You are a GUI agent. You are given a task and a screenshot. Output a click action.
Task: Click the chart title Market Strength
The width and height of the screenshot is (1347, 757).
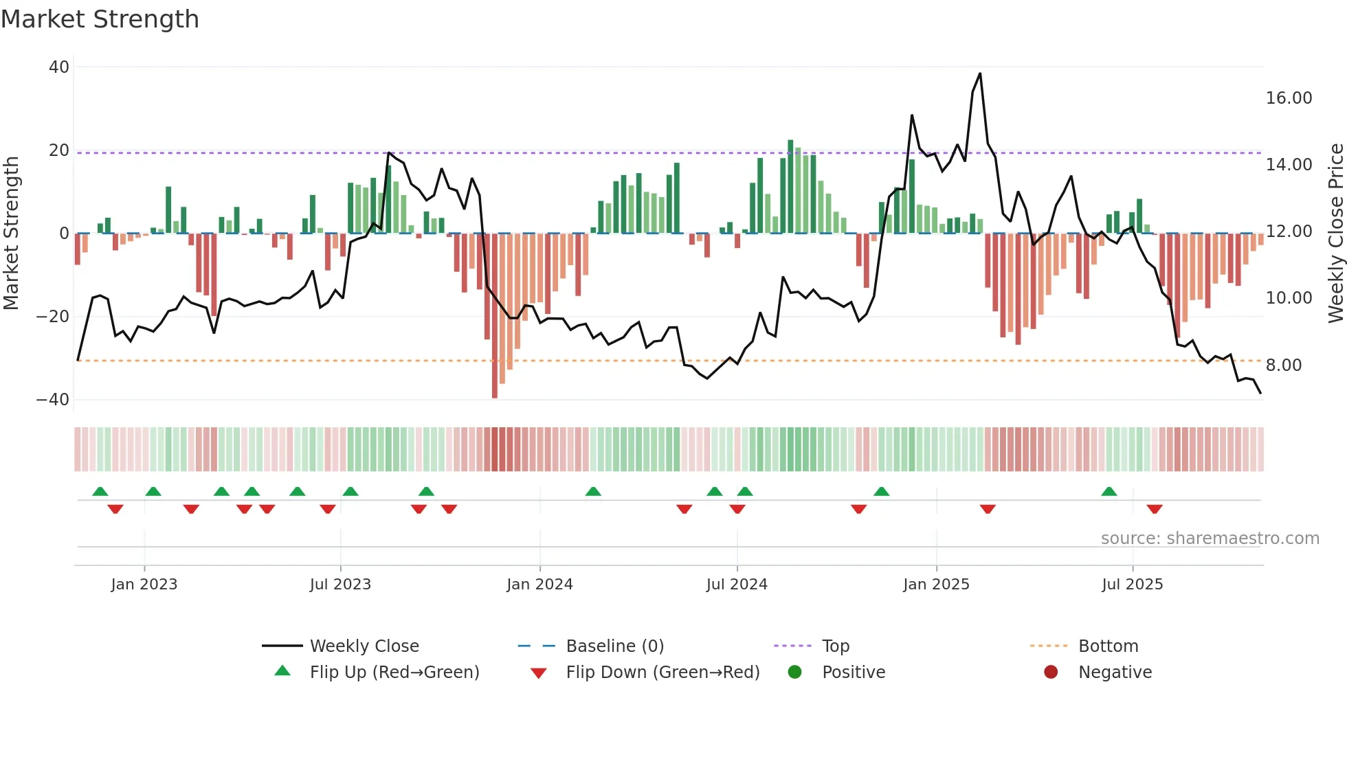(x=100, y=19)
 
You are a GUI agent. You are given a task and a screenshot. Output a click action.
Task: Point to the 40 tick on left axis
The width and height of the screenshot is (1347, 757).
(x=59, y=67)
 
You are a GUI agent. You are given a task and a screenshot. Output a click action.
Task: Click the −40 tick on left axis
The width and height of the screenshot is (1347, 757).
(x=53, y=400)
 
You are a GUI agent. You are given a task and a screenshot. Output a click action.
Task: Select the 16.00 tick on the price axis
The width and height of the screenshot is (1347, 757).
(x=1289, y=98)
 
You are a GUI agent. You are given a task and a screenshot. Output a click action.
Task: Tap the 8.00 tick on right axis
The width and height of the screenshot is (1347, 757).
(x=1283, y=365)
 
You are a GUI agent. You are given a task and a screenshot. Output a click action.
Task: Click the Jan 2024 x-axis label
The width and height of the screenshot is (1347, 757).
(x=539, y=585)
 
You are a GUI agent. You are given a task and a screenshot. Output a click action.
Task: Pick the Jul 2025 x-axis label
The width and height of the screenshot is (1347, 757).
(x=1132, y=585)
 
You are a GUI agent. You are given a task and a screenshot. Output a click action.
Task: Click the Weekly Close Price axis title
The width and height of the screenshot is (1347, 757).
(x=1335, y=234)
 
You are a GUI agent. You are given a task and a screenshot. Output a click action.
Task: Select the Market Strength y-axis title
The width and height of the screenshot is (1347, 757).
(x=12, y=234)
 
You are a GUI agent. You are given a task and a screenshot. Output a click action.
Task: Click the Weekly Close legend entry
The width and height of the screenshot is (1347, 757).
(x=364, y=646)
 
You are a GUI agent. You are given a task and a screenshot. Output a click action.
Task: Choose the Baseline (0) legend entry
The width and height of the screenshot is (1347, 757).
(x=614, y=646)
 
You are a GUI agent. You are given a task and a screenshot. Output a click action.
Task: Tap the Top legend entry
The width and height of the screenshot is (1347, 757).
(x=835, y=646)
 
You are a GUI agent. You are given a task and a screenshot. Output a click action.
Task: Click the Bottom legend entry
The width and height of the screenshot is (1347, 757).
(x=1108, y=646)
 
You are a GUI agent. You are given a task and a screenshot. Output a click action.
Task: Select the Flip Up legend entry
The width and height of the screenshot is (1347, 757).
(x=394, y=673)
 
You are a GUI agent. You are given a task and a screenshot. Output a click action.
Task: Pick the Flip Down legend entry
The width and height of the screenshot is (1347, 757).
(x=662, y=673)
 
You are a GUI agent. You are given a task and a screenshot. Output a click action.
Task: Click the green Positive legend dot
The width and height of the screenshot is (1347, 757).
(x=794, y=673)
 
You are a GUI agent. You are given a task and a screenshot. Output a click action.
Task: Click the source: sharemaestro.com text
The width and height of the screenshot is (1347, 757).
(x=1210, y=539)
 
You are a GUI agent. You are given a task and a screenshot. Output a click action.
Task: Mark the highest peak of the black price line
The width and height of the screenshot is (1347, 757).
(x=979, y=74)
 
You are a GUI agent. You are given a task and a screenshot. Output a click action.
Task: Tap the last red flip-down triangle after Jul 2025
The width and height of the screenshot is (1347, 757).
(x=1155, y=509)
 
